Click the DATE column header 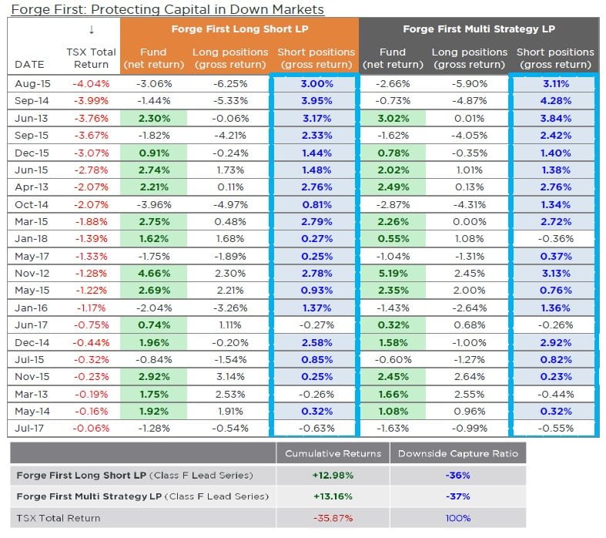tap(29, 65)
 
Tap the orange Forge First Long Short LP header tap(239, 29)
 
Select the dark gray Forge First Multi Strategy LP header tap(478, 29)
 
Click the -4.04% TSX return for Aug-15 tap(91, 83)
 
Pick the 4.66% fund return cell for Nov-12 tap(154, 273)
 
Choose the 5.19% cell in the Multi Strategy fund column tap(392, 273)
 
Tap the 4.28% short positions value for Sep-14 tap(555, 101)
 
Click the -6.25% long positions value tap(229, 83)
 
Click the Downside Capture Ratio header tap(458, 453)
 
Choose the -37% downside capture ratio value tap(457, 496)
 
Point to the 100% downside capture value tap(457, 518)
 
